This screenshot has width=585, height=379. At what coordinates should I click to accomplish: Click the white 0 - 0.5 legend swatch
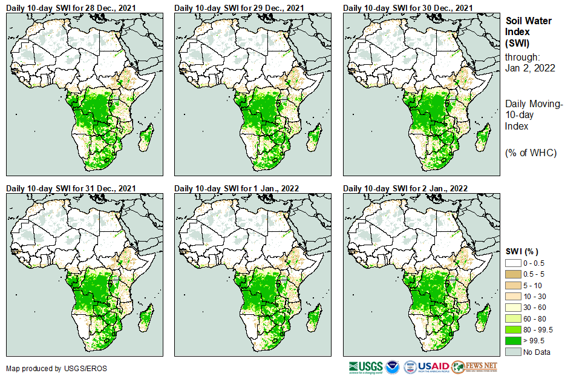coord(513,263)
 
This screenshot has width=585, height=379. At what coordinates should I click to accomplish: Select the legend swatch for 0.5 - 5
coord(513,274)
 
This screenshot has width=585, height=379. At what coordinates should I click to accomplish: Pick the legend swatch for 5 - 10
coord(513,285)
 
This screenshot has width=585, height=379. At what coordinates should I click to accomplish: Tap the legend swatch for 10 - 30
coord(513,297)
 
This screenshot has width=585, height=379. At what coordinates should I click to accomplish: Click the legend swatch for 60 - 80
coord(513,318)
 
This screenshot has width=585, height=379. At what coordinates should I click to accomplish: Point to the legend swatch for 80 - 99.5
coord(513,329)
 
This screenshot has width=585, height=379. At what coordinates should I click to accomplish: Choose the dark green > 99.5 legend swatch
coord(513,341)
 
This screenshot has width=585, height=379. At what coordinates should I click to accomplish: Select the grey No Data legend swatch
coord(513,352)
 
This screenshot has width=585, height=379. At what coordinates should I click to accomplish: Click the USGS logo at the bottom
coord(365,367)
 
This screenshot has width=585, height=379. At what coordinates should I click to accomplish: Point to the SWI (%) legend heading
coord(521,251)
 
